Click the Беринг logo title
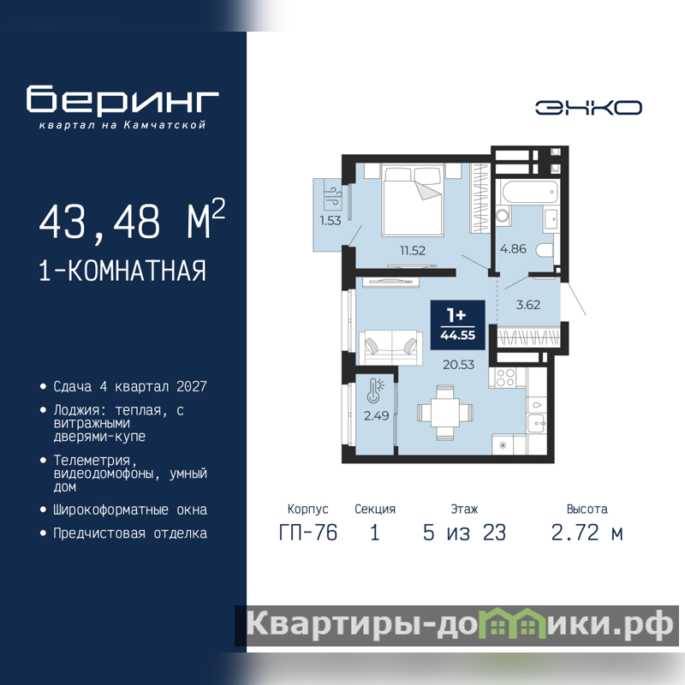click(x=122, y=99)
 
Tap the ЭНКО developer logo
click(x=588, y=108)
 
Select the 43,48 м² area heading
click(x=132, y=220)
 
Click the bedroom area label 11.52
click(x=413, y=250)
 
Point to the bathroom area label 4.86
click(x=513, y=248)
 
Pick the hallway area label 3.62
click(x=528, y=305)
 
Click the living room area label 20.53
click(x=458, y=365)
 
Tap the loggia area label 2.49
click(x=376, y=415)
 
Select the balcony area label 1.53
click(x=331, y=221)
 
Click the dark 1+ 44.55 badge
click(x=457, y=325)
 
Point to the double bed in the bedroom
click(x=413, y=200)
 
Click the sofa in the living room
click(x=391, y=348)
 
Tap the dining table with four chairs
click(x=445, y=413)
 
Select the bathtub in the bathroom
click(x=530, y=193)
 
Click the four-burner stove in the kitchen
click(x=505, y=378)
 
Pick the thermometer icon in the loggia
click(x=375, y=390)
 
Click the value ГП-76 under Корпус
click(x=308, y=533)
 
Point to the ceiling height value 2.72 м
click(x=587, y=533)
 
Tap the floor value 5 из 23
click(x=464, y=533)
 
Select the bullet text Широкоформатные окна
click(x=130, y=509)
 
